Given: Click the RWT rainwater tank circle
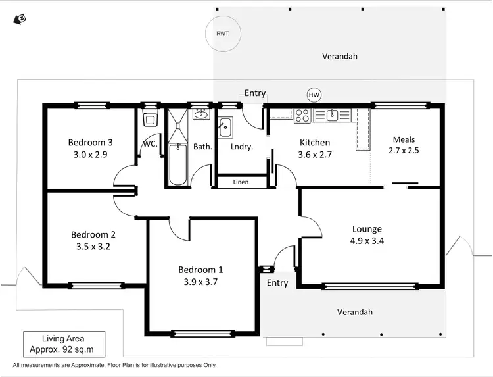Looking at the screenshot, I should (x=222, y=33).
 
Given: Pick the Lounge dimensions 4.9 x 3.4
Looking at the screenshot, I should (x=367, y=241).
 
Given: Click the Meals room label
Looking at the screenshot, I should (x=404, y=139).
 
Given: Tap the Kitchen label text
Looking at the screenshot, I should (x=315, y=143).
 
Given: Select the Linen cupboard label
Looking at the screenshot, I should (x=241, y=182).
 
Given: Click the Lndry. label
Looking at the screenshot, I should (x=241, y=147).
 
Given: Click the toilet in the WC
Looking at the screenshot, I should (x=149, y=119).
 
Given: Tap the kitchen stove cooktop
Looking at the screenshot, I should (x=302, y=116).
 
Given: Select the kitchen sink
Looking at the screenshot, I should (x=332, y=115).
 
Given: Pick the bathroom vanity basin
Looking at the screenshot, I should (x=200, y=115).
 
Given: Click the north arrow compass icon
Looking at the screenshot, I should (x=19, y=19).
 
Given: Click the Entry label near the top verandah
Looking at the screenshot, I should (x=255, y=93).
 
